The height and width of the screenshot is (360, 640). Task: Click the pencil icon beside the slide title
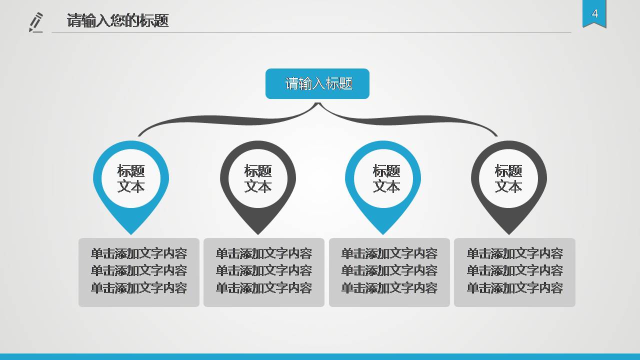pos(36,22)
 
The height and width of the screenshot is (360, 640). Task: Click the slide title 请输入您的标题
pos(117,20)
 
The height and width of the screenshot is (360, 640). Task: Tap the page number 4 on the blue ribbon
pos(594,13)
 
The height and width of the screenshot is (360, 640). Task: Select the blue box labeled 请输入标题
pos(317,83)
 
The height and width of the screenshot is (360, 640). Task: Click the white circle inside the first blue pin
pos(131,178)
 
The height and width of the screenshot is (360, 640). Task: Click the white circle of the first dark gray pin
pos(258,178)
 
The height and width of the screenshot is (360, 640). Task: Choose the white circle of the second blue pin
pos(383,178)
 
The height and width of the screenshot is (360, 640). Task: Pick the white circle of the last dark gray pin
pos(508,178)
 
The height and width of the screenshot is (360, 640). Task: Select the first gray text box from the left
pos(139,272)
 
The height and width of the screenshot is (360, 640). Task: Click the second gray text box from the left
pos(264,272)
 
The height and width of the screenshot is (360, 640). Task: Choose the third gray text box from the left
pos(389,272)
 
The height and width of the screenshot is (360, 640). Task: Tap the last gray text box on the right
pos(514,272)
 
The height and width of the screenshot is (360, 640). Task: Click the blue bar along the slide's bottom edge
pos(320,356)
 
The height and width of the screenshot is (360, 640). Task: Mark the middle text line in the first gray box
pos(139,270)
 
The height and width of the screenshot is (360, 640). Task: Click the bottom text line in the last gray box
pos(514,288)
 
